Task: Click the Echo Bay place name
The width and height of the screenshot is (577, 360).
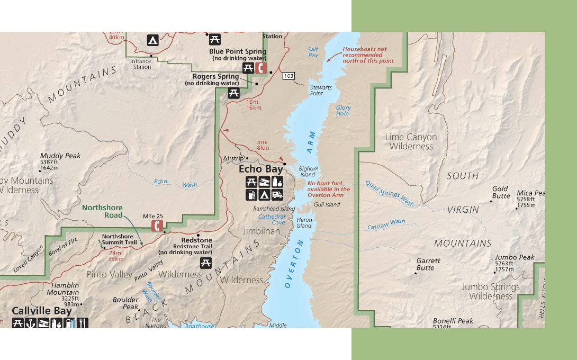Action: coord(260,169)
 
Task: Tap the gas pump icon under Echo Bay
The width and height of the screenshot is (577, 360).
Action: coord(251,195)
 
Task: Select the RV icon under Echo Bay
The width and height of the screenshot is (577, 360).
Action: coord(277,195)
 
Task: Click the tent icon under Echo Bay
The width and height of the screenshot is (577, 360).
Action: coord(264,195)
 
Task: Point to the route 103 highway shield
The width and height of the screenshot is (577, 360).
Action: coord(288,76)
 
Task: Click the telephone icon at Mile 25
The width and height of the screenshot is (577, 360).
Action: coord(157,226)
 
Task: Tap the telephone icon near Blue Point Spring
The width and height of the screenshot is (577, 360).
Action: coord(260,68)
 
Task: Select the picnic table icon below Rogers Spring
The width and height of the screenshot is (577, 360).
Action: coord(233,93)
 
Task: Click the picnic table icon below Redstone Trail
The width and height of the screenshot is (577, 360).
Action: coord(206,263)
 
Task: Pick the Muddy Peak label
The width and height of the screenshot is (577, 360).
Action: coord(60,156)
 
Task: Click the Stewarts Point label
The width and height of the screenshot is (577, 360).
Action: coord(321,90)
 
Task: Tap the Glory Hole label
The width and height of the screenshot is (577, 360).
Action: coord(343,111)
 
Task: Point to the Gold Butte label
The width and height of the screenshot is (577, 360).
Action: coord(500,192)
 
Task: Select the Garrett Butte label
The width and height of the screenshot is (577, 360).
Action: coord(428,264)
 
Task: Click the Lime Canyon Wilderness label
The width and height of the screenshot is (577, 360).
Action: coord(411,141)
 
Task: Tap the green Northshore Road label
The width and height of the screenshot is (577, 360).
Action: coord(102,211)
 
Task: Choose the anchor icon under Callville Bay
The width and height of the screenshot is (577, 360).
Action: coord(31,322)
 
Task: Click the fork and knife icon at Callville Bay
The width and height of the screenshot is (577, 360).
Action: coord(83,322)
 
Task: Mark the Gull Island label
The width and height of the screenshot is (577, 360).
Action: coord(327,204)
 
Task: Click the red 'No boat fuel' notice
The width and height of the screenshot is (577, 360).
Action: coord(329,189)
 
